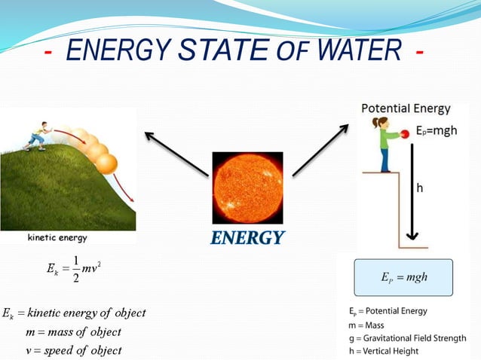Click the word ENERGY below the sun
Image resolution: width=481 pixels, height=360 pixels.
pyautogui.click(x=247, y=238)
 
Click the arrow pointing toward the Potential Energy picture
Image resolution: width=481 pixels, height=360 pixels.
pyautogui.click(x=323, y=151)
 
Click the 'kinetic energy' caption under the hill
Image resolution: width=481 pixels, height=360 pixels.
pyautogui.click(x=57, y=237)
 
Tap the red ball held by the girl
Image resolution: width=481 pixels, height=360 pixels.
pyautogui.click(x=405, y=133)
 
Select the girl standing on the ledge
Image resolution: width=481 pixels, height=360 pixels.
pyautogui.click(x=386, y=143)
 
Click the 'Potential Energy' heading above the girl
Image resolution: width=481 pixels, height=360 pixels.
pyautogui.click(x=406, y=108)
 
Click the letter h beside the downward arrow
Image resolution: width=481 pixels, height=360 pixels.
pyautogui.click(x=420, y=188)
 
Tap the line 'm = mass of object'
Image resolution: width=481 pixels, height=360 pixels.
pyautogui.click(x=73, y=331)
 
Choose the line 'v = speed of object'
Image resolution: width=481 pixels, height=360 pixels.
pyautogui.click(x=73, y=350)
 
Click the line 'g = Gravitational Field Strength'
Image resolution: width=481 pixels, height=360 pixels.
pyautogui.click(x=402, y=337)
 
